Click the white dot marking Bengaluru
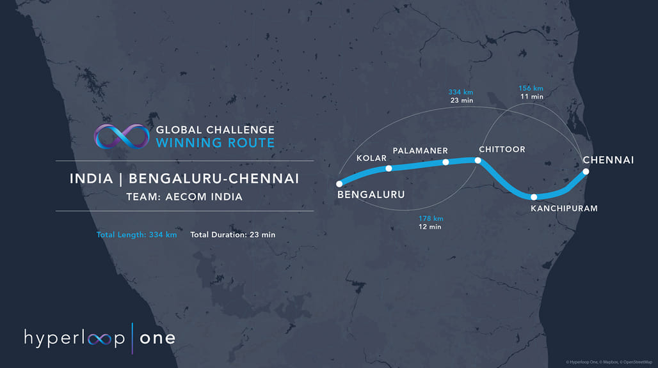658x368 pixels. click(339, 184)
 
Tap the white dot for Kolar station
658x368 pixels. click(389, 168)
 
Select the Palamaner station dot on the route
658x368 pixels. click(445, 162)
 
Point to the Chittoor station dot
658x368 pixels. click(477, 160)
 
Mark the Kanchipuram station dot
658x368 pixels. click(534, 197)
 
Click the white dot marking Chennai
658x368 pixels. click(586, 171)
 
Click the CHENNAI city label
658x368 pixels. click(608, 160)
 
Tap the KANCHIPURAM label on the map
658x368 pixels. click(564, 208)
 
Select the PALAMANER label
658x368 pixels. click(420, 151)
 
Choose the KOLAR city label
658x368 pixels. click(371, 158)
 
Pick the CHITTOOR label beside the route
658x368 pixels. click(502, 149)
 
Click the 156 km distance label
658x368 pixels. click(531, 88)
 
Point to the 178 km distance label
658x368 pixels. click(431, 218)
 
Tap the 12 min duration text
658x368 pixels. click(429, 227)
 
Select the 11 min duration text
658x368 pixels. click(532, 96)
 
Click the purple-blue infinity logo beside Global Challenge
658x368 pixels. click(122, 137)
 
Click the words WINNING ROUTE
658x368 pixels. click(215, 142)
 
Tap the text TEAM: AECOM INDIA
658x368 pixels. click(184, 197)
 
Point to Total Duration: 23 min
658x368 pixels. click(233, 235)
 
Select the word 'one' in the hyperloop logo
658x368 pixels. click(157, 339)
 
